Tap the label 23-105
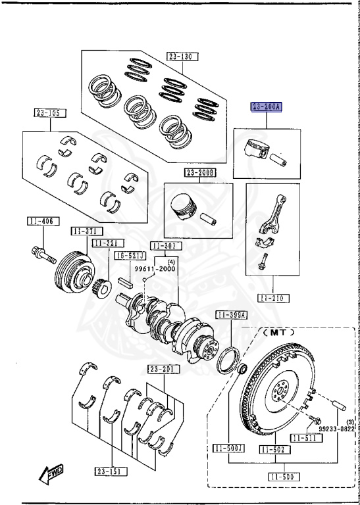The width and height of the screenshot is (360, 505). pos(47,113)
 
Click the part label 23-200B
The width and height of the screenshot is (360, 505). pos(200,172)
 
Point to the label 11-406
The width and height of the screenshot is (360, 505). pos(40,220)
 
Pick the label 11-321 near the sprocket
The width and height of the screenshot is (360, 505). pos(105,243)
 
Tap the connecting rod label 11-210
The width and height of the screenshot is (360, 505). pos(273,299)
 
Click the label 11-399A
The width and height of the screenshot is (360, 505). pos(232,316)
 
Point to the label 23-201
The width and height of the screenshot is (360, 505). pos(163,370)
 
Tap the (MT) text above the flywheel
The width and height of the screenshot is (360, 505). pos(274,333)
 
